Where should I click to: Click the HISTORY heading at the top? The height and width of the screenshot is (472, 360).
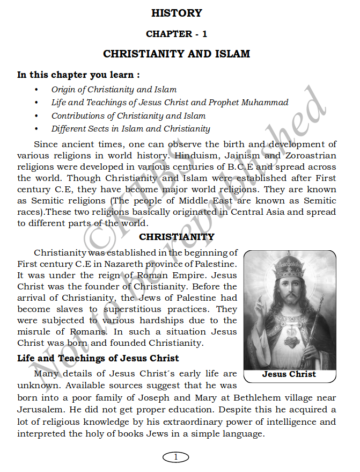[177, 13]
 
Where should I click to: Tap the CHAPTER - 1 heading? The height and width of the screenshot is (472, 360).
[177, 34]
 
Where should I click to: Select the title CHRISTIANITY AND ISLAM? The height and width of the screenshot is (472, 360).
[177, 54]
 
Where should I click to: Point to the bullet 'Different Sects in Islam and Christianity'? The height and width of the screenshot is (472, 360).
[130, 128]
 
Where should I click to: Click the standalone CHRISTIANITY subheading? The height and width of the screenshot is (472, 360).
[177, 237]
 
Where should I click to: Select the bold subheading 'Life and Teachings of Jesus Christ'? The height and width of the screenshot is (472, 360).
[98, 358]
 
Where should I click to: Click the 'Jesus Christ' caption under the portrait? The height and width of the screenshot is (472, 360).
[289, 374]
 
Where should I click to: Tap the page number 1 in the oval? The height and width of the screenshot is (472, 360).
[176, 457]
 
